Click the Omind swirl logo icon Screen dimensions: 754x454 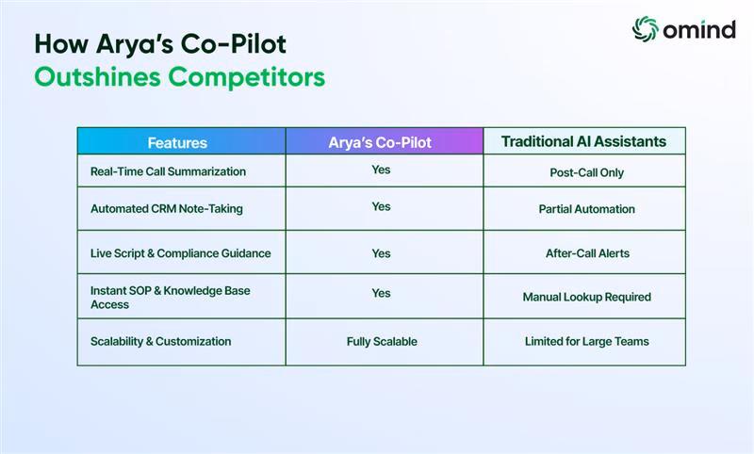(x=645, y=29)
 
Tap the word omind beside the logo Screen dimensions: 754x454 (x=699, y=30)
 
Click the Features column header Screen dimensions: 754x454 (x=177, y=142)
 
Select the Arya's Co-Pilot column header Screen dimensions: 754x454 (x=380, y=142)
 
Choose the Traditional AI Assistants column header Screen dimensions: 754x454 (x=583, y=141)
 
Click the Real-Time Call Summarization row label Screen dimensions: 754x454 (x=168, y=171)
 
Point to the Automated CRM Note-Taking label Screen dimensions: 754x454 (x=167, y=209)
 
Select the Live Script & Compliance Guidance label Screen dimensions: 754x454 (x=180, y=253)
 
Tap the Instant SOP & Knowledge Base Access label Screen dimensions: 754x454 (x=171, y=298)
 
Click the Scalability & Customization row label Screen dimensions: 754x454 (x=160, y=341)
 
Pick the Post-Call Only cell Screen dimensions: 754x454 (x=586, y=172)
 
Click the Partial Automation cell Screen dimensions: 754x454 (x=586, y=209)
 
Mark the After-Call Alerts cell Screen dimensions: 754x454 (x=587, y=253)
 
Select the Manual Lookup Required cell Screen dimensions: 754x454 (x=586, y=297)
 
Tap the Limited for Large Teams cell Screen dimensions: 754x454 (x=586, y=341)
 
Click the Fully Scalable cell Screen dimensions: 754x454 (x=382, y=342)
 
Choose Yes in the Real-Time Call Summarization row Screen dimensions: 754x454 (x=381, y=170)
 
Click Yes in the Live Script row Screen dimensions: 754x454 (x=381, y=253)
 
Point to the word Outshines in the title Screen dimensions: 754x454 (x=97, y=77)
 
